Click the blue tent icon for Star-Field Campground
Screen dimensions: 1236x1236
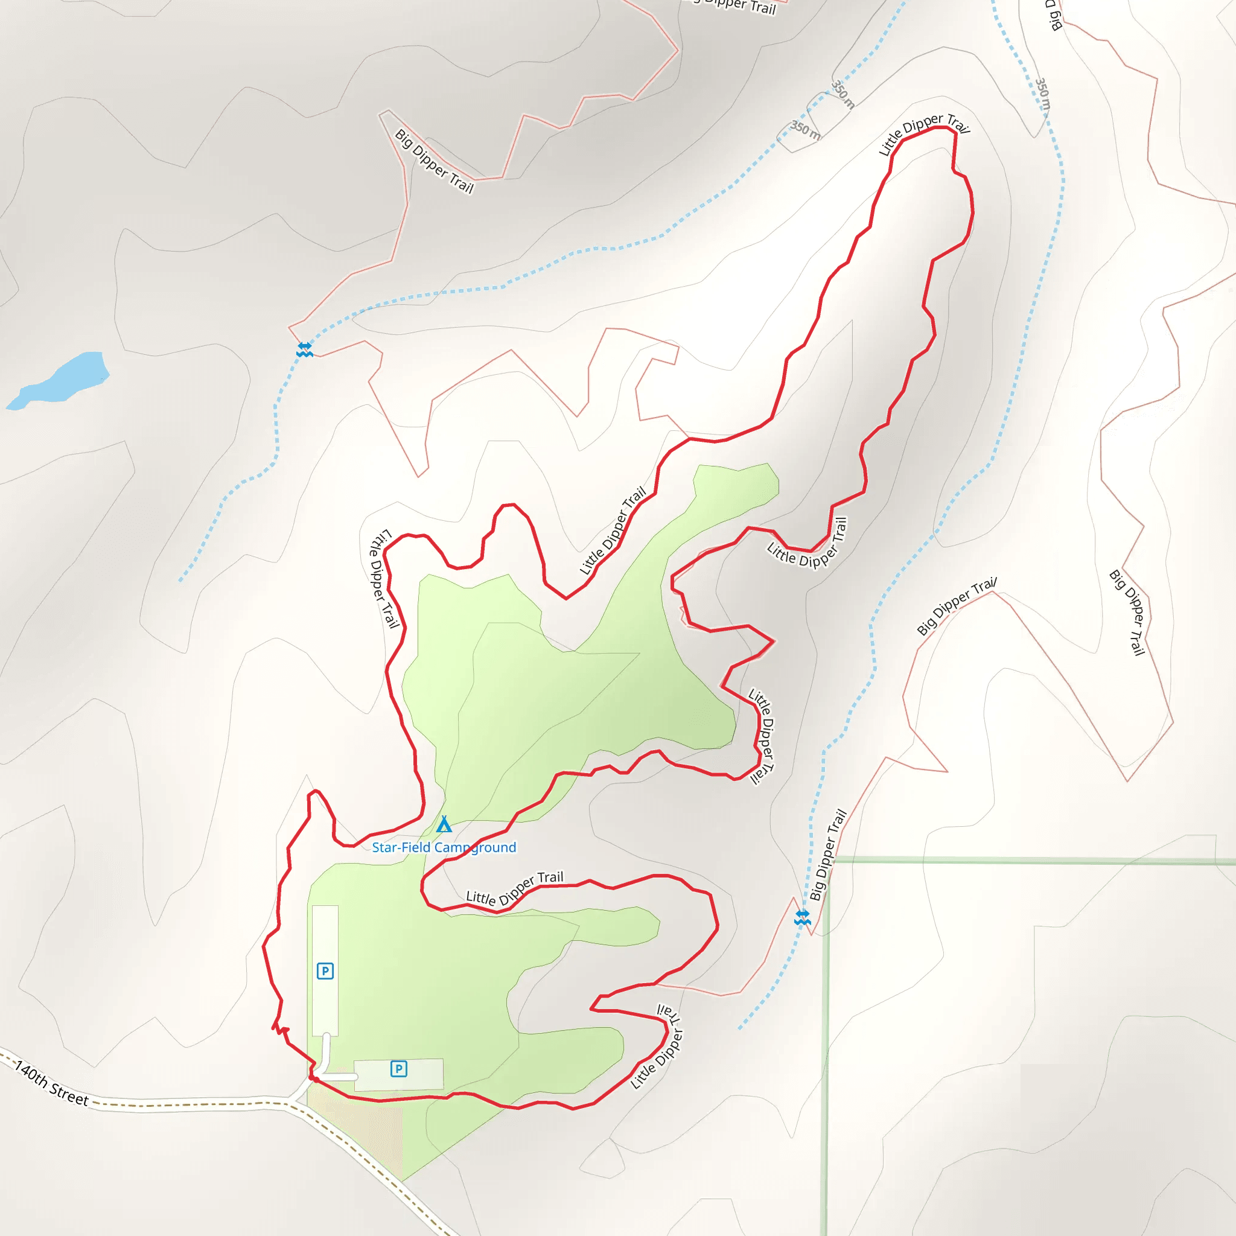444,824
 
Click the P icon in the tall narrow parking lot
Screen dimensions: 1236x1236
325,971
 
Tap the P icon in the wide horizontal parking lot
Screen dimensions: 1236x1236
398,1068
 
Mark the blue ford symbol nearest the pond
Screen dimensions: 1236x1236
305,349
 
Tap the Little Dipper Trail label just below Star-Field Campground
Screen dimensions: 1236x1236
514,889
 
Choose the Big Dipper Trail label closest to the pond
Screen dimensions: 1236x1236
434,161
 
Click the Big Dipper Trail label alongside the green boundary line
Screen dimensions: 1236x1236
828,855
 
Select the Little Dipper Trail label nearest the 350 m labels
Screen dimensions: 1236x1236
923,133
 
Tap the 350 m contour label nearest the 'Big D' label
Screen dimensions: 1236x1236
1043,94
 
